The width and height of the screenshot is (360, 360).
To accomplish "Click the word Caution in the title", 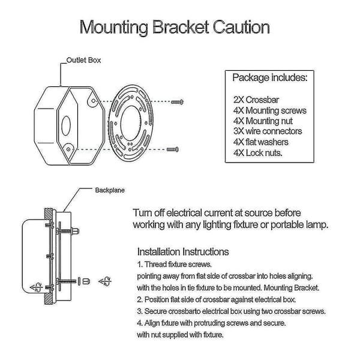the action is [241, 27].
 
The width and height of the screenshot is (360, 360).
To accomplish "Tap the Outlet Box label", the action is [83, 60].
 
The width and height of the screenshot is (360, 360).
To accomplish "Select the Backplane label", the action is [110, 190].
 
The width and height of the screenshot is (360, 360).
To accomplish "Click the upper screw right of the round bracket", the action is [177, 101].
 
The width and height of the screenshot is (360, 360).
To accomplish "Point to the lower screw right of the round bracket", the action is [173, 149].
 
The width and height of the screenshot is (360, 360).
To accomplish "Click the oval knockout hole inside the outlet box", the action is [66, 125].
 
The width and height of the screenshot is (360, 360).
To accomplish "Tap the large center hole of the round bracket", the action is [131, 123].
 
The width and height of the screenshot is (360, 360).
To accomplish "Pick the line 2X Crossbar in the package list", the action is [256, 100].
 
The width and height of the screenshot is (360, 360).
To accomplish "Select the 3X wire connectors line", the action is [268, 131].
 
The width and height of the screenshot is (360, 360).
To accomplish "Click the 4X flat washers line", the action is [261, 142].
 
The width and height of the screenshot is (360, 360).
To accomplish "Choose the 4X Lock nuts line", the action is [257, 152].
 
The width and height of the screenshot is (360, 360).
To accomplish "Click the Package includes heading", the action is [270, 77].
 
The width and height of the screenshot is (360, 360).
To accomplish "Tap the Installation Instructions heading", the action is [183, 251].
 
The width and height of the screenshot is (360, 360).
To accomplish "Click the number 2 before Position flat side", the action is [140, 299].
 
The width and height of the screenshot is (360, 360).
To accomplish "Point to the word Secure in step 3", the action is [156, 311].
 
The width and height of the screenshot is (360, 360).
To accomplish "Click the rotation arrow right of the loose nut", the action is [105, 281].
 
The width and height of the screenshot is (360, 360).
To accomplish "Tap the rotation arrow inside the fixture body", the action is [36, 287].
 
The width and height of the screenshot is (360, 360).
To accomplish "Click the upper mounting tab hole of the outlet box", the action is [93, 101].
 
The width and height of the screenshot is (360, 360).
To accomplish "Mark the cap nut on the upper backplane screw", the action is [76, 230].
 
